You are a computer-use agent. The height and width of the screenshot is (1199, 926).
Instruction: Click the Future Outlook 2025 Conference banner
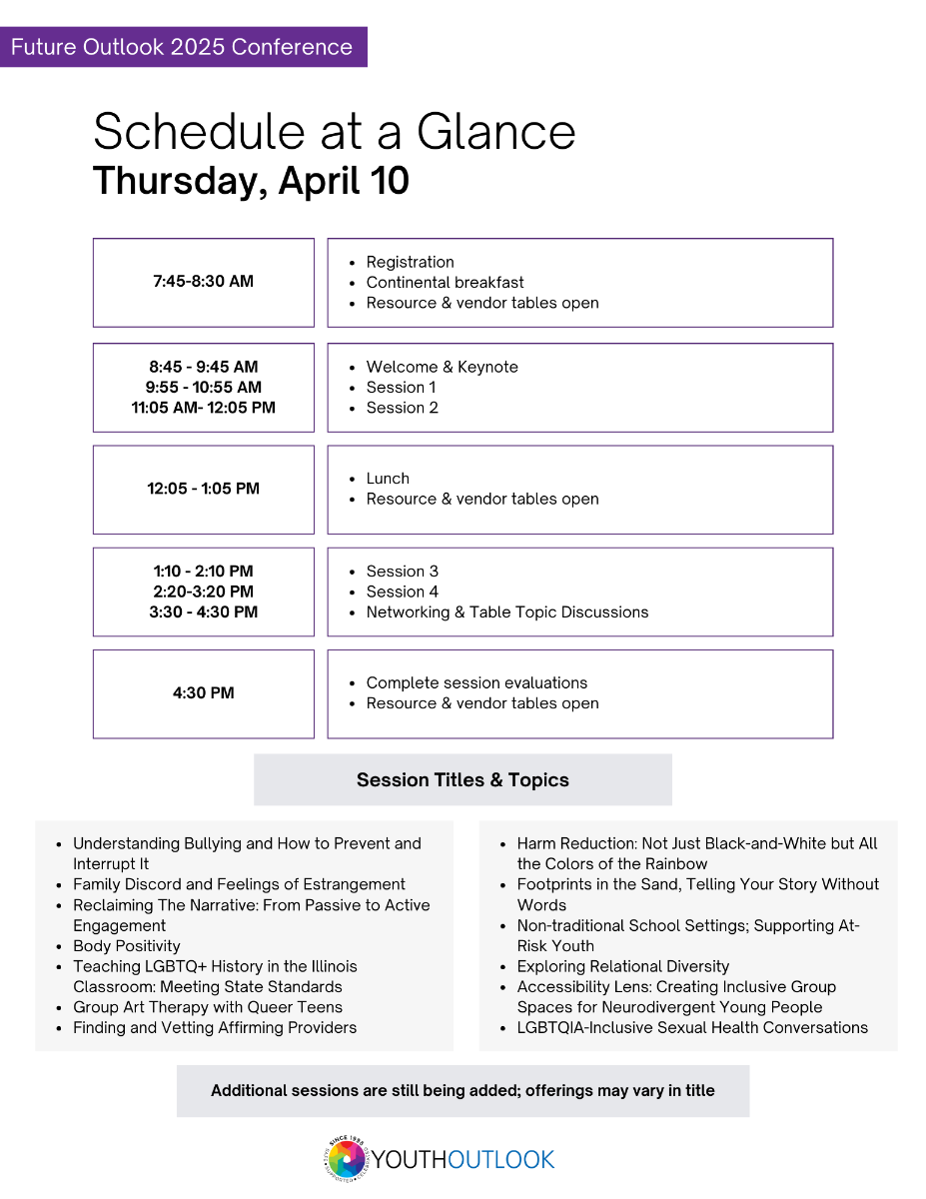pos(183,47)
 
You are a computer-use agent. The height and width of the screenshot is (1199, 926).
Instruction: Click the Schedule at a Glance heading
pos(334,131)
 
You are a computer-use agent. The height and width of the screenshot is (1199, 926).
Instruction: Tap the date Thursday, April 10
pos(251,182)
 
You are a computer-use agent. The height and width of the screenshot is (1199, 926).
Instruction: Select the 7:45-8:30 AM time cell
pos(203,282)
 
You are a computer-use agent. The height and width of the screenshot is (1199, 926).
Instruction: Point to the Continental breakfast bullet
pos(445,283)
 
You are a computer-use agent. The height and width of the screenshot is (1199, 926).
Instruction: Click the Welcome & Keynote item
pos(442,367)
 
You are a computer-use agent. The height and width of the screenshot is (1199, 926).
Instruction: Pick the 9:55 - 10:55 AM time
pos(203,388)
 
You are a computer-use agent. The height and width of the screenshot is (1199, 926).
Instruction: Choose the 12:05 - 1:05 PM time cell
pos(203,489)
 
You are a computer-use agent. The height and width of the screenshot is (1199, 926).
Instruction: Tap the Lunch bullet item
pos(388,479)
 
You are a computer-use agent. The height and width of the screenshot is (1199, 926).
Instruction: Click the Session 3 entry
pos(402,572)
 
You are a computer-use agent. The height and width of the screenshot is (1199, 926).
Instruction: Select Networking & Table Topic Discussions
pos(506,612)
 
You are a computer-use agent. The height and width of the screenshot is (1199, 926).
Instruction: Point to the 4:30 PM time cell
pos(203,693)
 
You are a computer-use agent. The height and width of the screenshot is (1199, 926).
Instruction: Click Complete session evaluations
pos(476,683)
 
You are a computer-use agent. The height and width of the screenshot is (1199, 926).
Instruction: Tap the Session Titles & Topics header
pos(463,780)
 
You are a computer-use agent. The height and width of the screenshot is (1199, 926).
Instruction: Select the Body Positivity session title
pos(127,946)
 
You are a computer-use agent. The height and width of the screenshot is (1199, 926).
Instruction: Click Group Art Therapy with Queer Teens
pos(208,1007)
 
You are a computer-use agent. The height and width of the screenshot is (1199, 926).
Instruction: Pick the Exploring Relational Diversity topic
pos(622,966)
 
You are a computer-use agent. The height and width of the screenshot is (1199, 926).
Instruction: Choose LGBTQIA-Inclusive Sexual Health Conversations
pos(692,1027)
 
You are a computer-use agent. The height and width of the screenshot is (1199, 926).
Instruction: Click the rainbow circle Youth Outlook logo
pos(347,1160)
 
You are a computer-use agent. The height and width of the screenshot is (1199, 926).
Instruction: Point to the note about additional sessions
pos(463,1091)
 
